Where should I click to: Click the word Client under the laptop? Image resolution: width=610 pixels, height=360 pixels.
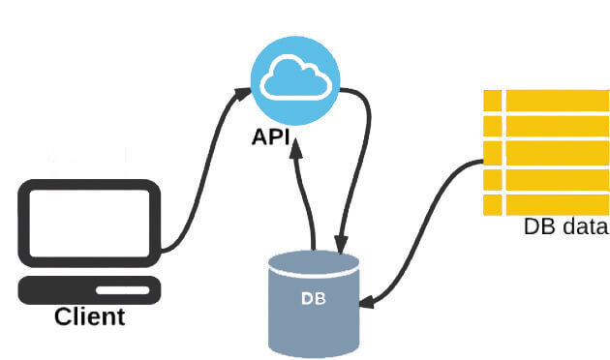click(x=89, y=316)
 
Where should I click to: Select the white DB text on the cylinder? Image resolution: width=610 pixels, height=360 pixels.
click(x=314, y=297)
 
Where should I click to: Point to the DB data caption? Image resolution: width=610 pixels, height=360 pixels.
click(x=565, y=227)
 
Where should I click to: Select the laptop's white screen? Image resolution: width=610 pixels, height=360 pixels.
click(x=89, y=223)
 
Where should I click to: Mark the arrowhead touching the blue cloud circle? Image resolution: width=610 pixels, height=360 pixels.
click(x=244, y=95)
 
